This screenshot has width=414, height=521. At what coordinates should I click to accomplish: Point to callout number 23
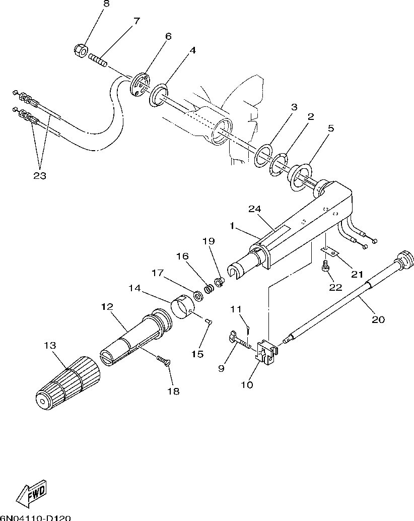pyautogui.click(x=40, y=176)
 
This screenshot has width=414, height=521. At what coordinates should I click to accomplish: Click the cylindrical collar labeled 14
pyautogui.click(x=184, y=307)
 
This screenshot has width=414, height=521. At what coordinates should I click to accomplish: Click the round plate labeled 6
pyautogui.click(x=139, y=84)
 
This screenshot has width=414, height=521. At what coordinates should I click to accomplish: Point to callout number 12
pyautogui.click(x=107, y=306)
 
